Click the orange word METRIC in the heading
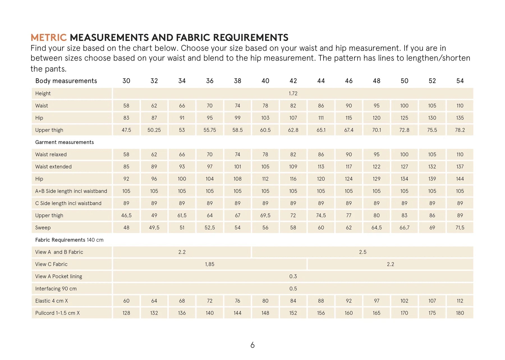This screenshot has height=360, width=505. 48,38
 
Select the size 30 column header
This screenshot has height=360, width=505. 126,81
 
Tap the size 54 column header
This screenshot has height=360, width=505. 460,81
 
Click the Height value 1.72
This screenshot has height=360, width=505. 293,93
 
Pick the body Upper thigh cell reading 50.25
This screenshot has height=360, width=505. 154,130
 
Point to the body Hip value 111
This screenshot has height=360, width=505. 321,118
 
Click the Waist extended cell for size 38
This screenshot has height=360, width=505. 237,167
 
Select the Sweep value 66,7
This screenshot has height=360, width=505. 404,228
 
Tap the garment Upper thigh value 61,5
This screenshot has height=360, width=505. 182,215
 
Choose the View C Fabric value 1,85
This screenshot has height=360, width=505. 210,264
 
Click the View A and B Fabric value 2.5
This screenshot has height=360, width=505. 362,252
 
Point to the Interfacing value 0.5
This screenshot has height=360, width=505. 293,288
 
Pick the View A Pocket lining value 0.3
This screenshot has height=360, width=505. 293,276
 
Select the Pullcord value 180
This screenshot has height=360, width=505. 460,313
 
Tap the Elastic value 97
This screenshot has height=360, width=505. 377,301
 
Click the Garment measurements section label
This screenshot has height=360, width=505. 65,142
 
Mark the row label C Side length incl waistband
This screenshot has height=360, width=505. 68,203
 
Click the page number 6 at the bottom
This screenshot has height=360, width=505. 252,345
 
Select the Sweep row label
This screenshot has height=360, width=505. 43,228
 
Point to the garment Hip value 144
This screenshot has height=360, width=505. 460,179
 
